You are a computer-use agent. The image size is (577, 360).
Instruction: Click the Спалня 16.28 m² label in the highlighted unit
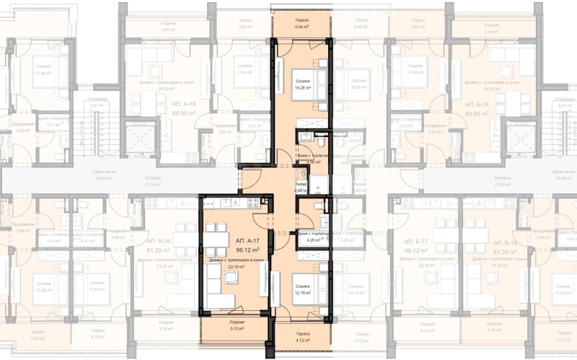pyautogui.click(x=302, y=86)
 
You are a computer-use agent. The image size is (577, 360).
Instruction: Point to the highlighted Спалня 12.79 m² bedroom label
pyautogui.click(x=301, y=289)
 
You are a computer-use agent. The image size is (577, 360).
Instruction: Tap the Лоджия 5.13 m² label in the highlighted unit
pyautogui.click(x=237, y=325)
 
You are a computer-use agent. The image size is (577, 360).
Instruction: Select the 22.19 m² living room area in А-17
pyautogui.click(x=237, y=266)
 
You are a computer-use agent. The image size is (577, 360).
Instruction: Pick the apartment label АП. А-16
pyautogui.click(x=158, y=240)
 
